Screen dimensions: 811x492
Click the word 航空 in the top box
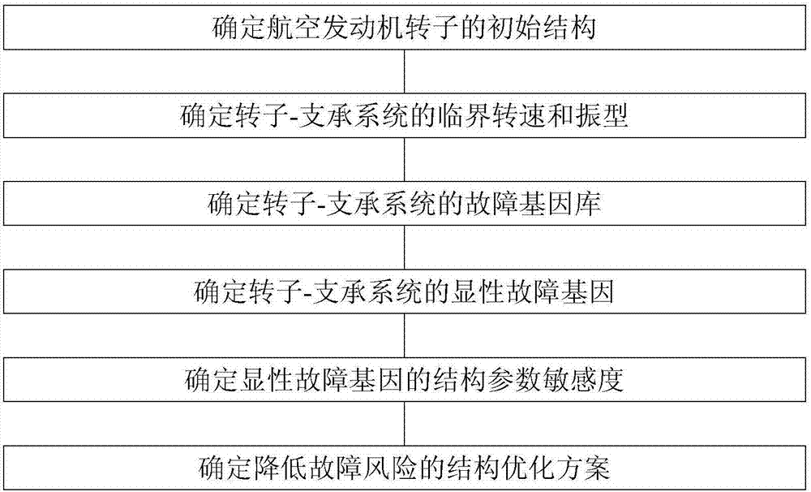click(x=294, y=28)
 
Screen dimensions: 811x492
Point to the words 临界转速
click(x=490, y=115)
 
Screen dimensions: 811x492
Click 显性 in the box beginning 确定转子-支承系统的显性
click(x=478, y=291)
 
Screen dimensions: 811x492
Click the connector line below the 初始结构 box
click(x=405, y=71)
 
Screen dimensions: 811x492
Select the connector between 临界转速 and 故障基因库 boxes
click(x=405, y=159)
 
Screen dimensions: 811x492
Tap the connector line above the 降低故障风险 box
click(x=405, y=423)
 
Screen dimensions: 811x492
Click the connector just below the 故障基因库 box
click(x=405, y=247)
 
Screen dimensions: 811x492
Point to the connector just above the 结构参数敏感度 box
click(x=405, y=335)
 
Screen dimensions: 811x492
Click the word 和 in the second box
click(x=559, y=115)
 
